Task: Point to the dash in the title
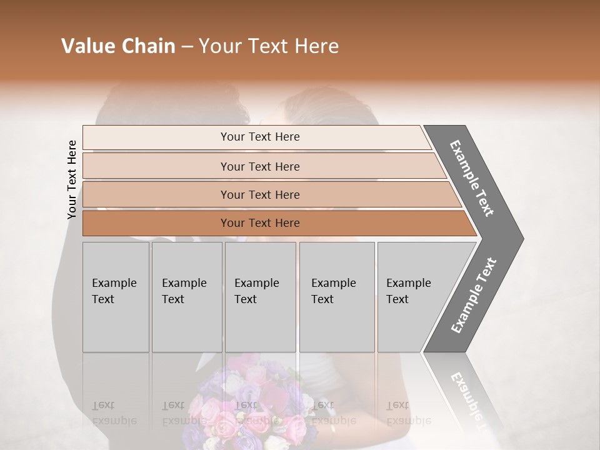pyautogui.click(x=186, y=47)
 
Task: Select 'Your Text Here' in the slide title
pyautogui.click(x=268, y=46)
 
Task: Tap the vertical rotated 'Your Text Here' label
pyautogui.click(x=72, y=179)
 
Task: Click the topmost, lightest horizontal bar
pyautogui.click(x=259, y=137)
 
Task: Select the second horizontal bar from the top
pyautogui.click(x=259, y=166)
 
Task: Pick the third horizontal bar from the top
pyautogui.click(x=259, y=194)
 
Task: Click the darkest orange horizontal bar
pyautogui.click(x=259, y=223)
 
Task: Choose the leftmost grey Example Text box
pyautogui.click(x=116, y=297)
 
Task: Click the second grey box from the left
pyautogui.click(x=187, y=297)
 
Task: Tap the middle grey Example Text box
pyautogui.click(x=260, y=297)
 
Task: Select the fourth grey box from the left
pyautogui.click(x=337, y=297)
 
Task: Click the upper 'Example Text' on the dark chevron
pyautogui.click(x=472, y=177)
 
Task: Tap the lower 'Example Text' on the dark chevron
pyautogui.click(x=474, y=296)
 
